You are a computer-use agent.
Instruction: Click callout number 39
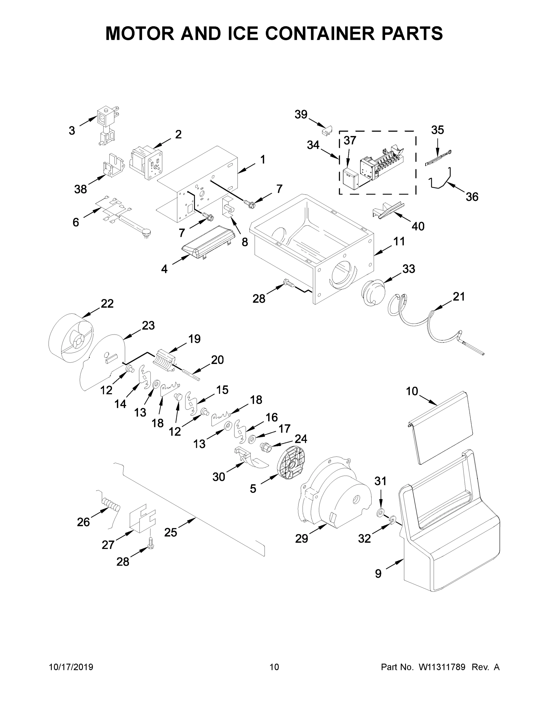tap(301, 114)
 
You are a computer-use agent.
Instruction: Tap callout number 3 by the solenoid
tap(72, 131)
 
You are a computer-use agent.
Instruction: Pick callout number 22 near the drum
tap(107, 303)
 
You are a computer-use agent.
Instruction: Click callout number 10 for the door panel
tap(412, 391)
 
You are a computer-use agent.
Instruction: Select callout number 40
tap(418, 226)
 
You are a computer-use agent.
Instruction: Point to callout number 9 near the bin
tap(378, 574)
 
